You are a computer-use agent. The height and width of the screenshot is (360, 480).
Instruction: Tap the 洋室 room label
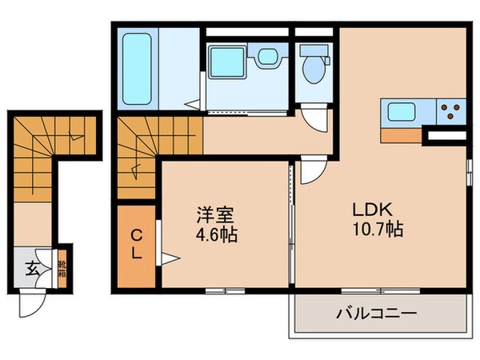tap(217, 216)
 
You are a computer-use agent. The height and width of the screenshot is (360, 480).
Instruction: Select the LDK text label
tap(373, 209)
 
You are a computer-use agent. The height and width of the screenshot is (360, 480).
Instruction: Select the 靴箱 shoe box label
tap(62, 268)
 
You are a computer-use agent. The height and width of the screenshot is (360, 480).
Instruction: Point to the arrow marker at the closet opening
tap(169, 258)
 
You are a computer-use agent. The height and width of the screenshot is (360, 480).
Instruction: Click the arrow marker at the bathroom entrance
tap(193, 104)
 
